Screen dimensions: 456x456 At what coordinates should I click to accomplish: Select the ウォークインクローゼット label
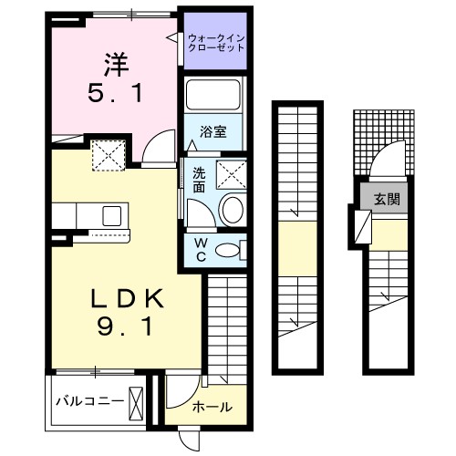[x=216, y=43]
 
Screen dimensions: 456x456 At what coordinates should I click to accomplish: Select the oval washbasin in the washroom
[x=232, y=209]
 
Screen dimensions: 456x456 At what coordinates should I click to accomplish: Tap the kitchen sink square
[x=112, y=216]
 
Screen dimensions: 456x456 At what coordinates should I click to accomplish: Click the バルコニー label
[x=88, y=399]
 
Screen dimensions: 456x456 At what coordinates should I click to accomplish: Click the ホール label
[x=212, y=408]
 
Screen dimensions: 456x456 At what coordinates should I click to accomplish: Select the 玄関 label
[x=384, y=196]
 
